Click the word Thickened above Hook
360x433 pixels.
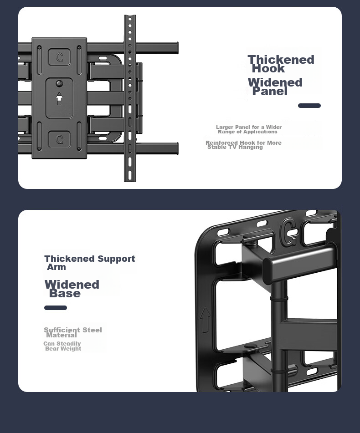click(281, 59)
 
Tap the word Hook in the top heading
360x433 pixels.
click(268, 68)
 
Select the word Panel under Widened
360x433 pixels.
click(270, 92)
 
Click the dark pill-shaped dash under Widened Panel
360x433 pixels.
click(309, 106)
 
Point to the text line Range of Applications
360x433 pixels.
click(247, 132)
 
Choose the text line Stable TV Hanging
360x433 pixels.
click(235, 147)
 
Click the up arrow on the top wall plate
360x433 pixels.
click(59, 98)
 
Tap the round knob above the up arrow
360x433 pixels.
click(59, 83)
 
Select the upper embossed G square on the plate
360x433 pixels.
click(59, 57)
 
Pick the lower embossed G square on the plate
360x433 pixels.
click(59, 139)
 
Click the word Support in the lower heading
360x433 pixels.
click(116, 259)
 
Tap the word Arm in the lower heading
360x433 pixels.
click(57, 267)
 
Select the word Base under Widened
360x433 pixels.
click(65, 293)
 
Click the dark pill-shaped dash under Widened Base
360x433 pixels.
click(56, 308)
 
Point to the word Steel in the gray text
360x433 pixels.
click(92, 330)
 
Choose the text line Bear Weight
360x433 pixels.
click(63, 348)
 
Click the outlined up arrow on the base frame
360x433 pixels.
click(205, 320)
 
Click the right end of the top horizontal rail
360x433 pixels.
click(178, 48)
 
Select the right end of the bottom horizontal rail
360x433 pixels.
click(178, 148)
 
